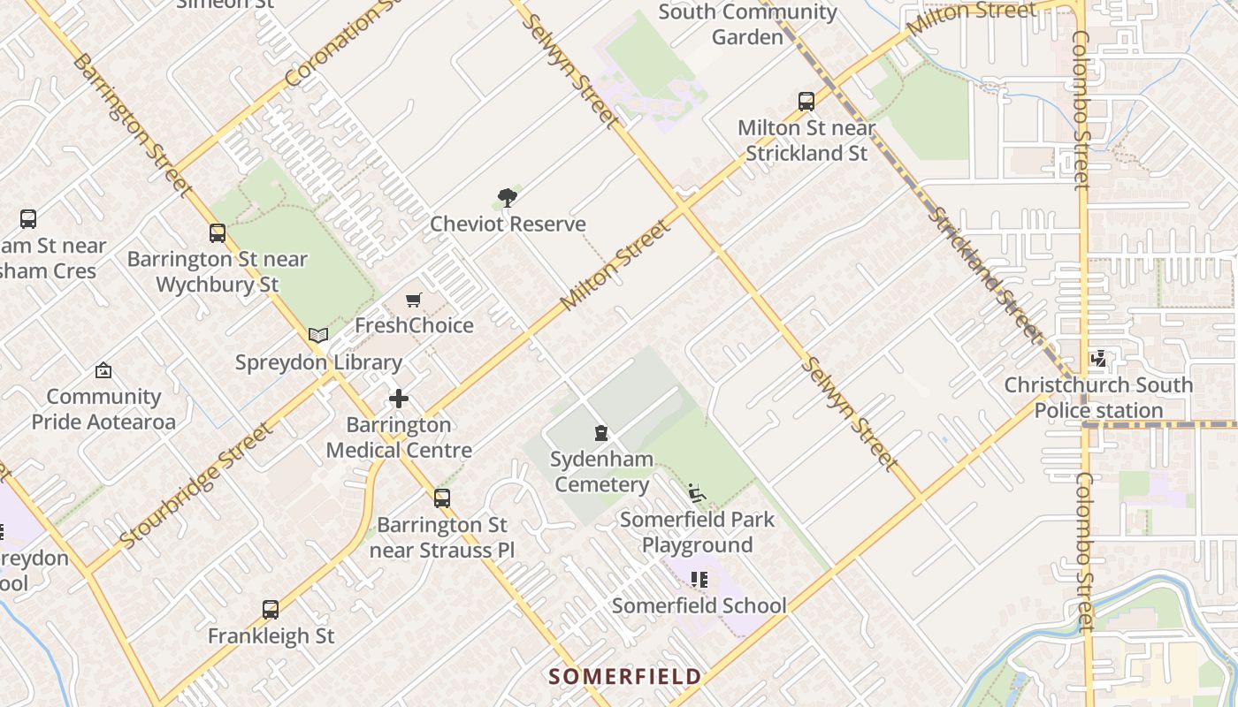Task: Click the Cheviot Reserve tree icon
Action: point(508,197)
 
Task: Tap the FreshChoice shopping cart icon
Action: point(413,300)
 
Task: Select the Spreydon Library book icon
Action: point(318,336)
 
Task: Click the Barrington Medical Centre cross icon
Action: point(399,399)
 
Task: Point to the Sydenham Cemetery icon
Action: point(601,433)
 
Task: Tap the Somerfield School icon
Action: point(699,580)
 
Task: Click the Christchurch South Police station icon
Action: point(1098,359)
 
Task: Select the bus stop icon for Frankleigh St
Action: point(271,610)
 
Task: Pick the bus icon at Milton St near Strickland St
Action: point(806,102)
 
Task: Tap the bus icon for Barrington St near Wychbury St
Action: point(218,233)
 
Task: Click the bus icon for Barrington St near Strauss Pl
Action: point(442,498)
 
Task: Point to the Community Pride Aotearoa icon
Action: point(103,370)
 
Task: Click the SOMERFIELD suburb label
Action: point(625,677)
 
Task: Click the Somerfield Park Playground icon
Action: point(697,491)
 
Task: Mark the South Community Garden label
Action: point(747,25)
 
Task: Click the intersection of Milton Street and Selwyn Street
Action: point(683,207)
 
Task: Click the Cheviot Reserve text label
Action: point(508,224)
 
